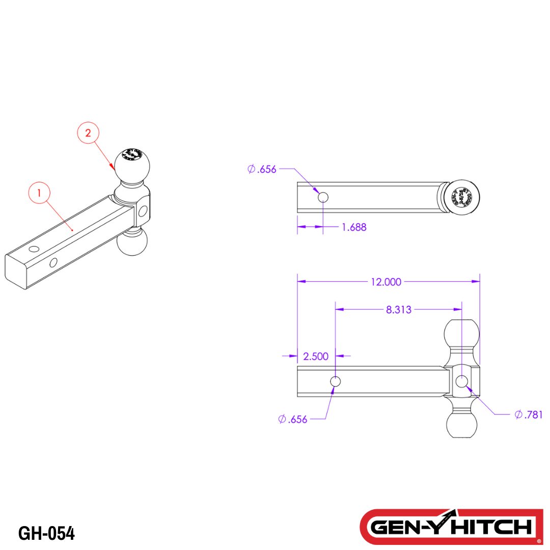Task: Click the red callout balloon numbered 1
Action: (x=40, y=193)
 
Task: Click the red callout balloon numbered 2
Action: (x=88, y=133)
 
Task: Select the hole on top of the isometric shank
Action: (x=34, y=249)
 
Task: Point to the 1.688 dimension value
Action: (x=354, y=227)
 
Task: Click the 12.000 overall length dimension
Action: (x=386, y=281)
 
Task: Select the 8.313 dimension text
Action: (x=399, y=309)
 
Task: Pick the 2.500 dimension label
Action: (x=316, y=356)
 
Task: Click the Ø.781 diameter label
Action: (x=529, y=415)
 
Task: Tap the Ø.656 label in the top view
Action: (x=262, y=169)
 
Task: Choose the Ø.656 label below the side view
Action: (x=293, y=419)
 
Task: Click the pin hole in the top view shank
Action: (x=323, y=197)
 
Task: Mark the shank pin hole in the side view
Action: (x=336, y=381)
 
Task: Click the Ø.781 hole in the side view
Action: (x=462, y=381)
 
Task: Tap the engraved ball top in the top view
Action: (x=463, y=197)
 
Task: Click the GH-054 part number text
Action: (x=46, y=533)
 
